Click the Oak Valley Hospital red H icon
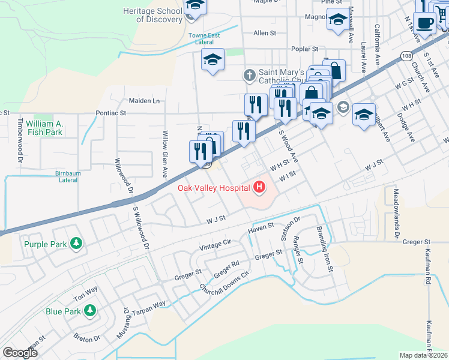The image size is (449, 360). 259,188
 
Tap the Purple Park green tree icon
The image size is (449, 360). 76,244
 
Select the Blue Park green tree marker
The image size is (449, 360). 89,311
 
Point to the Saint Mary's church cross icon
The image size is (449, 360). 250,76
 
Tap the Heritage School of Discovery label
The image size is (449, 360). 152,15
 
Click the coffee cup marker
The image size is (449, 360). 425,23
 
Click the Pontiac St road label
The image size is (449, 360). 111,112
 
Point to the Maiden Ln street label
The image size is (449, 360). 143,101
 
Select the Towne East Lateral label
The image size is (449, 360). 206,39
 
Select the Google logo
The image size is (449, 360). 19,353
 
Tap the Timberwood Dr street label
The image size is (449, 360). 20,140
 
